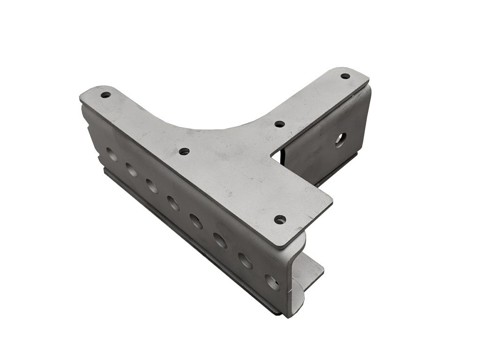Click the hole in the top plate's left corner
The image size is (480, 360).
105,95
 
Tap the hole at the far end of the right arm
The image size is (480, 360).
345,76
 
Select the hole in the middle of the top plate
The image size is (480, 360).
184,151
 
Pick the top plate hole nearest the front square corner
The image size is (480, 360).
280,219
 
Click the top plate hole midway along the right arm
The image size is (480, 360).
279,124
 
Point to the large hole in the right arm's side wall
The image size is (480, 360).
340,139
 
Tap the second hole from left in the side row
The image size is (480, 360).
132,169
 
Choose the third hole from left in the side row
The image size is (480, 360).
151,185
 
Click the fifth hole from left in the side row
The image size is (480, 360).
196,221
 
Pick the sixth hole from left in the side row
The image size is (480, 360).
220,240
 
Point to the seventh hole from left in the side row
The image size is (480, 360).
245,261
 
